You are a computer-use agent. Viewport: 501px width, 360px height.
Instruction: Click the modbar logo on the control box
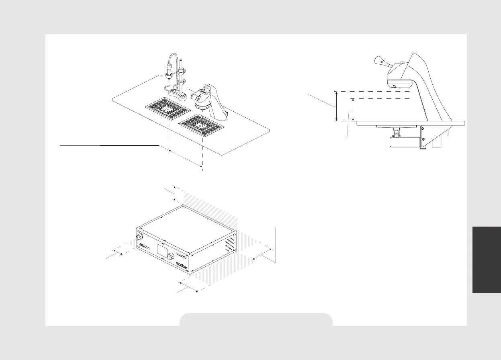click(183, 264)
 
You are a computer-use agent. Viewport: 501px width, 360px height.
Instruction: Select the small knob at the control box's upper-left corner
click(140, 235)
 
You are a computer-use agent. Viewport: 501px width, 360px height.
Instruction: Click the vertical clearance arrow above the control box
click(175, 193)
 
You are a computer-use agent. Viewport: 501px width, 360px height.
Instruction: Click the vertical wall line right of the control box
click(276, 245)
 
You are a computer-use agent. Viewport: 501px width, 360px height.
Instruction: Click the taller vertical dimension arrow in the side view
click(337, 106)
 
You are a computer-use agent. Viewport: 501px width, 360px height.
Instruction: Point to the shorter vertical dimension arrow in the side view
click(353, 110)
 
